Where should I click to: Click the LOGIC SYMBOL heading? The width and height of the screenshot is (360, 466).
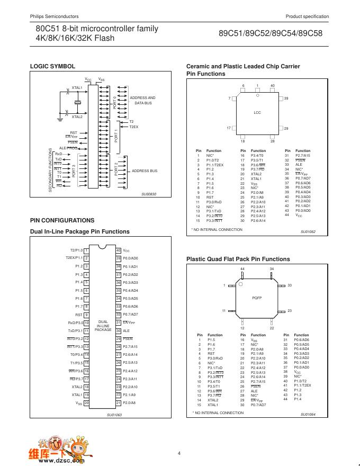tap(52, 66)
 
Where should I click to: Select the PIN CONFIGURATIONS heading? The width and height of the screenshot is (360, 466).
tap(62, 220)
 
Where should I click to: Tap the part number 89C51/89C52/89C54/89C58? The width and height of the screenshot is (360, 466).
tap(271, 32)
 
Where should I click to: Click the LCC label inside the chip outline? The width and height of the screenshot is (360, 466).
tap(257, 113)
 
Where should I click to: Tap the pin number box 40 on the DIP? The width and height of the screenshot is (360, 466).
tap(119, 250)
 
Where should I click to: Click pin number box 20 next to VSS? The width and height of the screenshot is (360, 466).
tap(86, 403)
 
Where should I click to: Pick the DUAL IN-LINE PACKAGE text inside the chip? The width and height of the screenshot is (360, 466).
tap(103, 325)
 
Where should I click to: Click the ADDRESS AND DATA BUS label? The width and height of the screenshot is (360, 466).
tap(142, 101)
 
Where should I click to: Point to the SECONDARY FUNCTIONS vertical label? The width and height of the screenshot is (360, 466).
tap(50, 169)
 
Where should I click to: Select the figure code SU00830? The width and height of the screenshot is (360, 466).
tap(149, 194)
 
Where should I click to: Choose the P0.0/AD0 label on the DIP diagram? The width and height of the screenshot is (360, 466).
tap(130, 258)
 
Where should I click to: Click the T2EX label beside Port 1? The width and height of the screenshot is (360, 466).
tap(133, 127)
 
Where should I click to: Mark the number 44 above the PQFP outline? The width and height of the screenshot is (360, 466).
tap(242, 269)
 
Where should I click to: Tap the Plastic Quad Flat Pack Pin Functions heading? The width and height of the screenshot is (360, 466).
tap(238, 259)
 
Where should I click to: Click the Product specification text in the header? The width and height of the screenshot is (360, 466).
tap(307, 16)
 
